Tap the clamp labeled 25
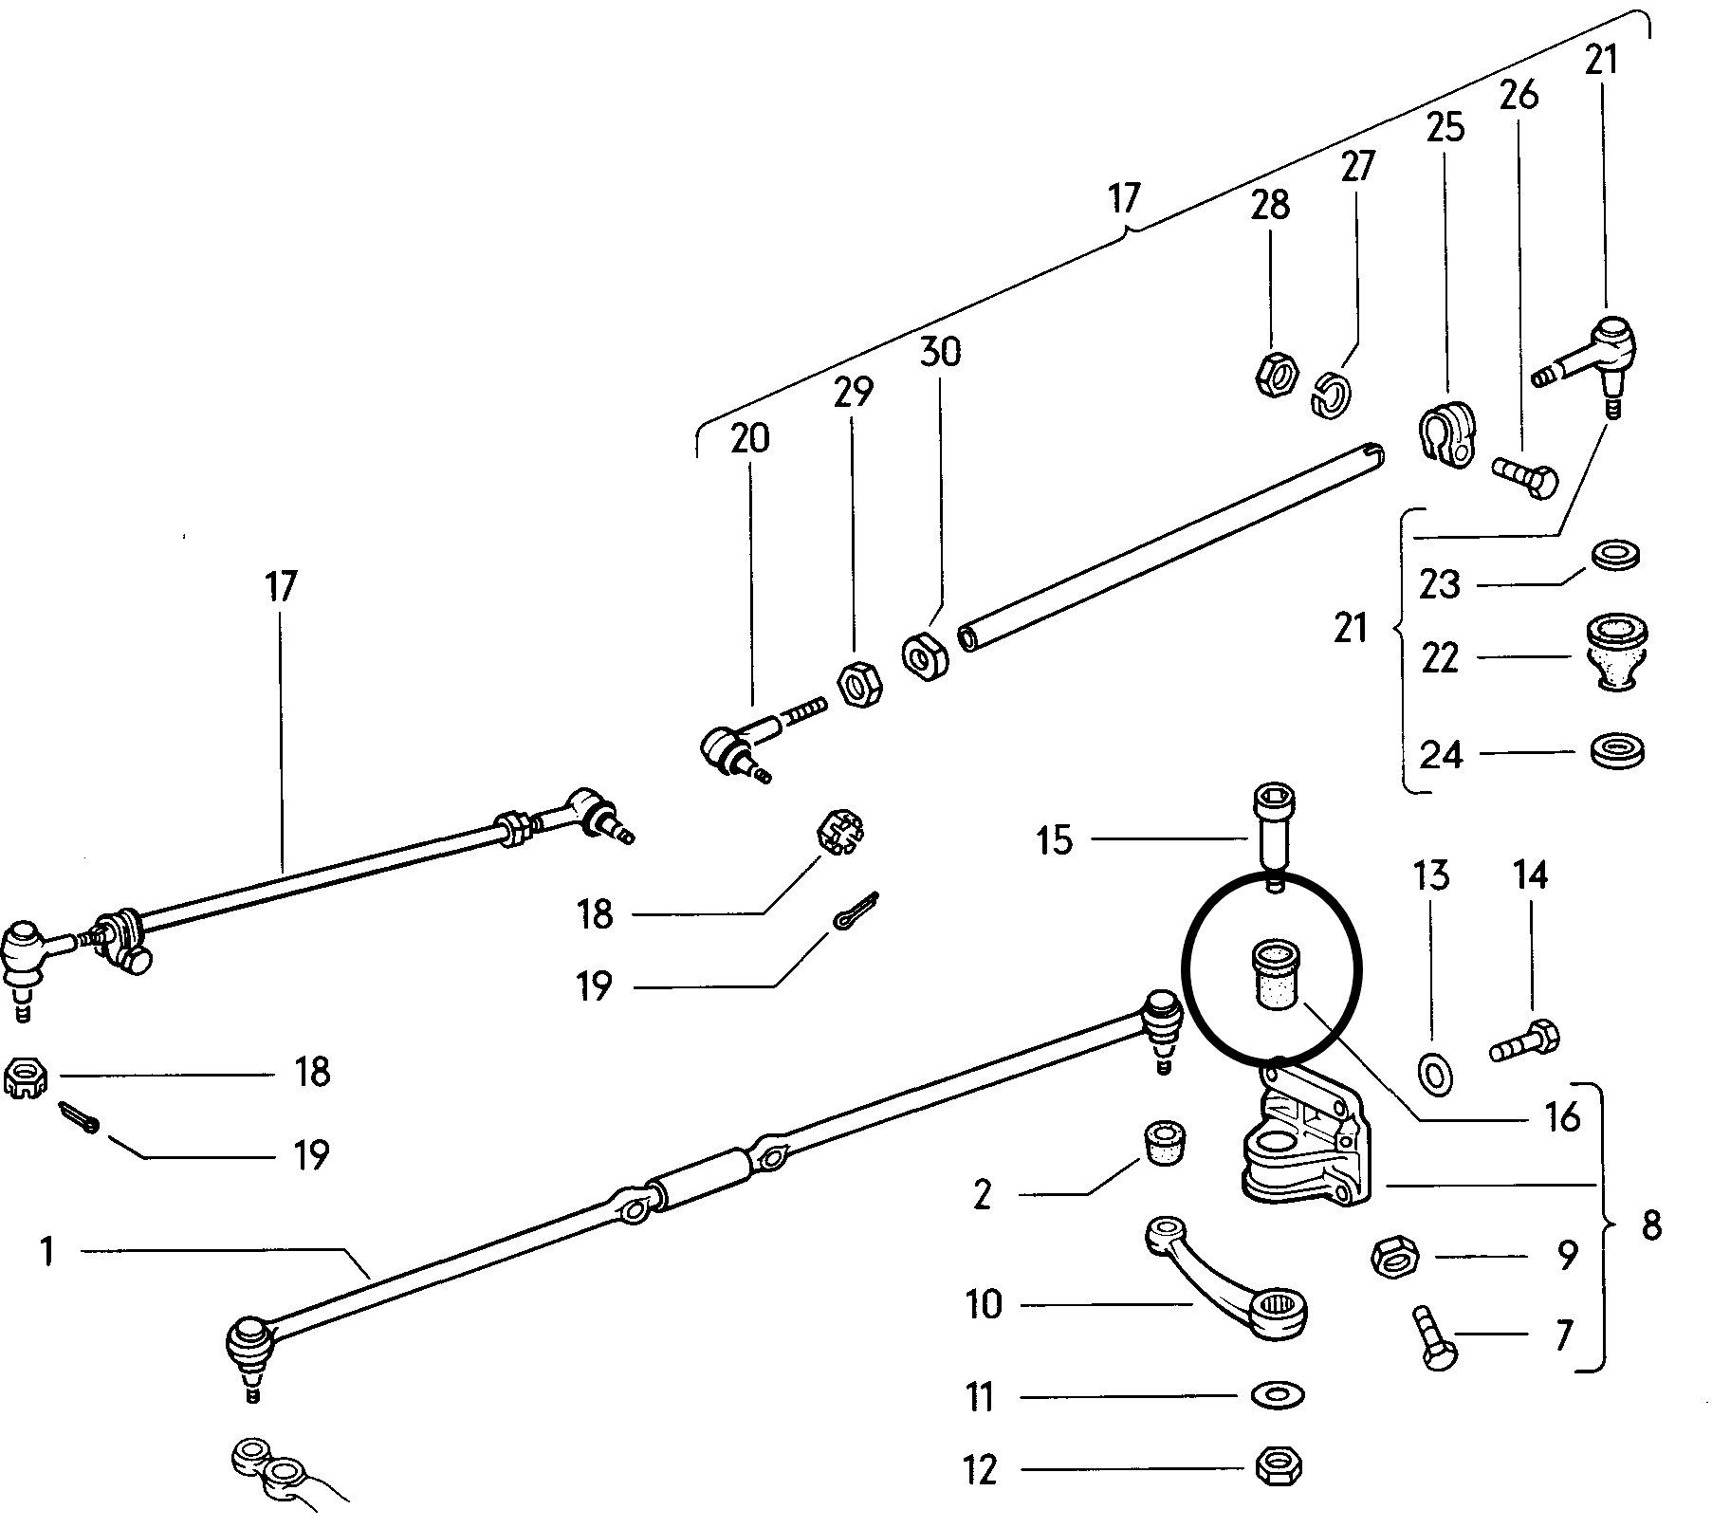1446,436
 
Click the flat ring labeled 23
1617,555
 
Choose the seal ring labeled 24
1616,751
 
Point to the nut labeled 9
1395,1259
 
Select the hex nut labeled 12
1277,1469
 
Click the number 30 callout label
940,352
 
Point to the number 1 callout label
47,1252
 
